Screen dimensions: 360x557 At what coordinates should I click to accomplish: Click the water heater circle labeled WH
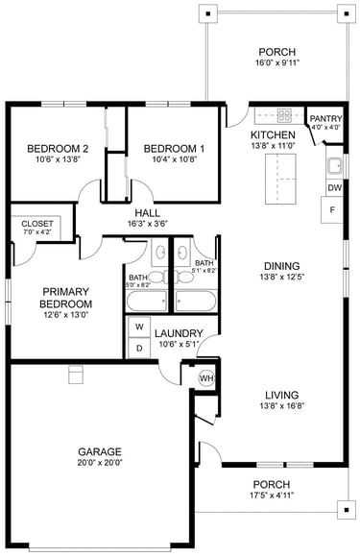coord(206,378)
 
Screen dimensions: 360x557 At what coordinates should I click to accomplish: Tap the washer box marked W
coord(139,327)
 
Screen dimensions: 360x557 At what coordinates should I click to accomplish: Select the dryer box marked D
coord(139,348)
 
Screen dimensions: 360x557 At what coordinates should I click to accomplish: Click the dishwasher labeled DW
coord(334,188)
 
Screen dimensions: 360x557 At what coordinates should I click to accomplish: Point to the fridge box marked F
coord(332,210)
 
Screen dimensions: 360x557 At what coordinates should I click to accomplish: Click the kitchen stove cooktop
coord(284,115)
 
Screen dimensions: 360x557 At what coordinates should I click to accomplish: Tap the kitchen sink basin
coord(334,166)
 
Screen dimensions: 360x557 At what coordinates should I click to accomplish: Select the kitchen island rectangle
coord(280,179)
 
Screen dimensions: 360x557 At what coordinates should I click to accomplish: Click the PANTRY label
coord(325,119)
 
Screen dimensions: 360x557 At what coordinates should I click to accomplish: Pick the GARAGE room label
coord(100,452)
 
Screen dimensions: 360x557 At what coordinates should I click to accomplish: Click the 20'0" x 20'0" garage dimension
coord(100,463)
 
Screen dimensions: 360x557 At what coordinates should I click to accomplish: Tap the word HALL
coord(147,213)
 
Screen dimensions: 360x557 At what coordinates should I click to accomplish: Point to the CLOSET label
coord(37,224)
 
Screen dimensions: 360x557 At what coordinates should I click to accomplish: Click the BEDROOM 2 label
coord(58,149)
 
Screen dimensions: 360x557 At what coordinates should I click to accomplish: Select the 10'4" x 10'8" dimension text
coord(175,159)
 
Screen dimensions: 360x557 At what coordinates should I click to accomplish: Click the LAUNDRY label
coord(179,333)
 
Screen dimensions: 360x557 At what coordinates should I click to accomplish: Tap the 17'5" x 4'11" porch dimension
coord(272,496)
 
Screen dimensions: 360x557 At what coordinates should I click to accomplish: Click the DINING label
coord(282,266)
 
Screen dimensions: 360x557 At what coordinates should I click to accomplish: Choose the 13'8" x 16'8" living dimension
coord(282,405)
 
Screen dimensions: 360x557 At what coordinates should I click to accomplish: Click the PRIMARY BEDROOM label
coord(65,298)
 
